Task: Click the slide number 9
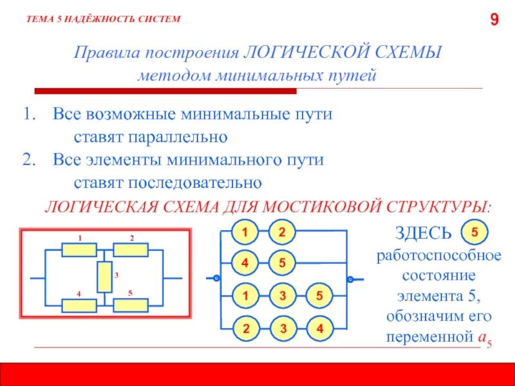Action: point(494,21)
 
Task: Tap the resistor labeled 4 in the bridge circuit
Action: point(79,305)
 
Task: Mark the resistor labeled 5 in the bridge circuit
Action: point(131,305)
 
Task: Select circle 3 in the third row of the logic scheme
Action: point(281,297)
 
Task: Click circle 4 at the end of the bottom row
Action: point(318,329)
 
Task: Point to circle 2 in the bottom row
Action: point(245,329)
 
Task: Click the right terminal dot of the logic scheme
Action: point(350,279)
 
